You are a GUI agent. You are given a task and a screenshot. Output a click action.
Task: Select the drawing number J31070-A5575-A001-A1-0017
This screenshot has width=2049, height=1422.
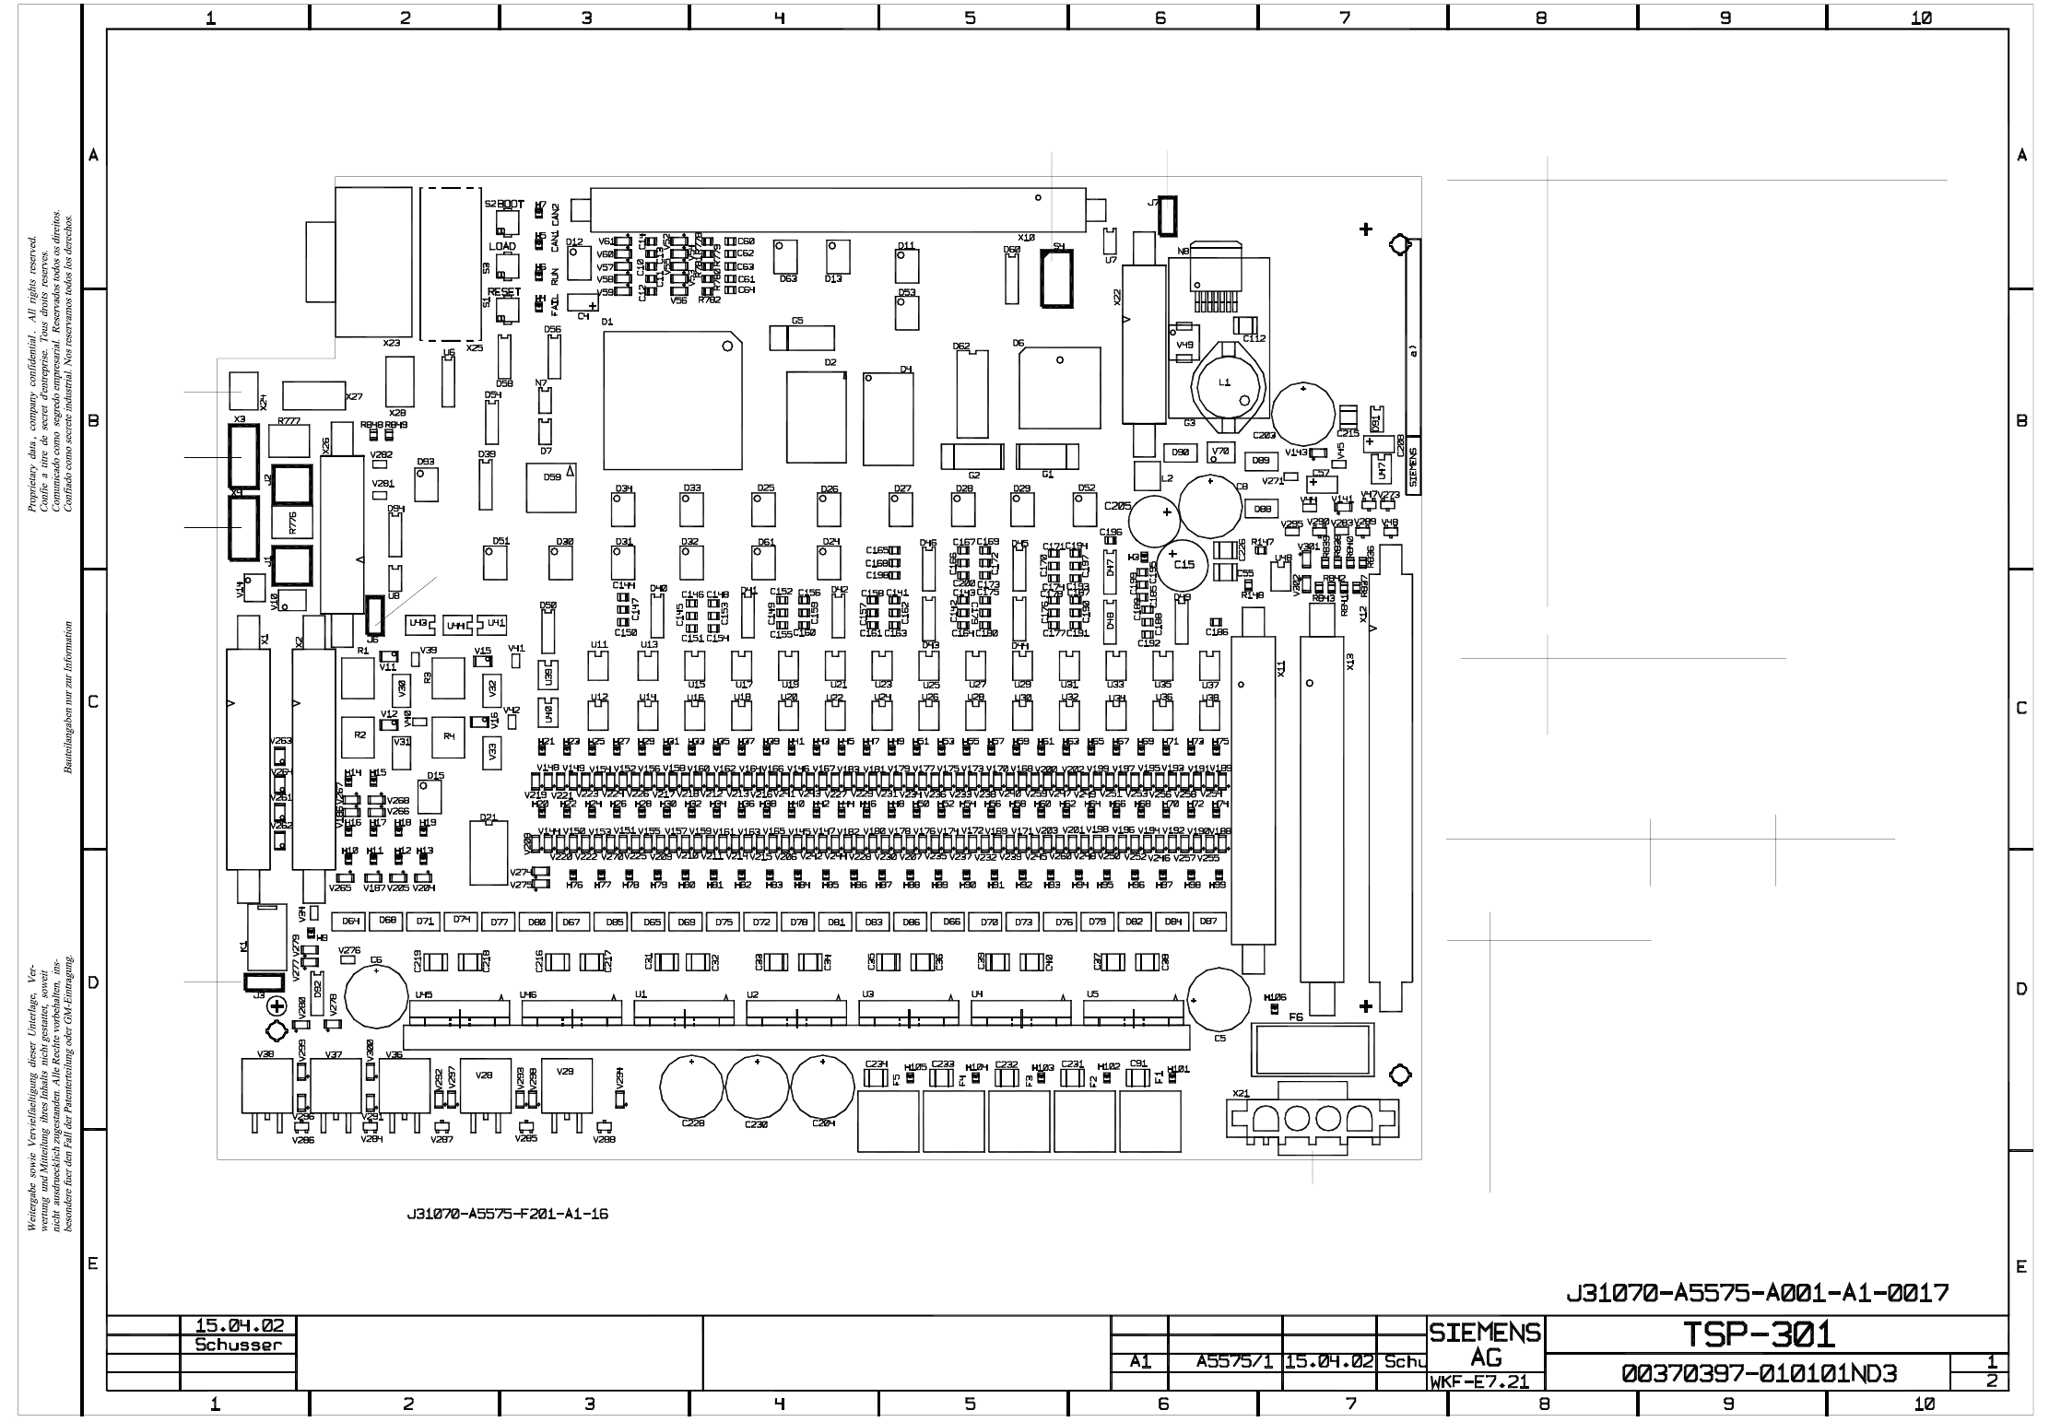click(1757, 1293)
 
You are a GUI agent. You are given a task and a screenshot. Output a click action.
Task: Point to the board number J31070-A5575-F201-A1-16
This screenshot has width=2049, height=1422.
click(507, 1214)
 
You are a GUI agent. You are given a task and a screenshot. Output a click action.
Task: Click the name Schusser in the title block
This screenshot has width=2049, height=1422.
click(238, 1345)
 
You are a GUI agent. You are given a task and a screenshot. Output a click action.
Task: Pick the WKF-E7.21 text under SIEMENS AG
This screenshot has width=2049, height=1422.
click(1478, 1382)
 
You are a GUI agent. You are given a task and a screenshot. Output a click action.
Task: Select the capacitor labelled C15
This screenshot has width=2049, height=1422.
click(1183, 565)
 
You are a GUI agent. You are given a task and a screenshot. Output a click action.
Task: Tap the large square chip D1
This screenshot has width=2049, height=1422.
click(673, 401)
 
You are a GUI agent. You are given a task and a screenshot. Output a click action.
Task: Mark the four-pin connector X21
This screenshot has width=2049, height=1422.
click(1313, 1118)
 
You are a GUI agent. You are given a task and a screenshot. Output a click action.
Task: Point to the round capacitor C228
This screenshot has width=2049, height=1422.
click(691, 1087)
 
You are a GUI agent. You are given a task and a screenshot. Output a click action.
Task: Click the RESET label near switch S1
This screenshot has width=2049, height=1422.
click(504, 292)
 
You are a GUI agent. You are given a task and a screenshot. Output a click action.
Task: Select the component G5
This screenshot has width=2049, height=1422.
click(801, 338)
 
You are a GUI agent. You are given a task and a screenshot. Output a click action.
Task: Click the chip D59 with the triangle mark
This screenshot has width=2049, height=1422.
click(551, 488)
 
